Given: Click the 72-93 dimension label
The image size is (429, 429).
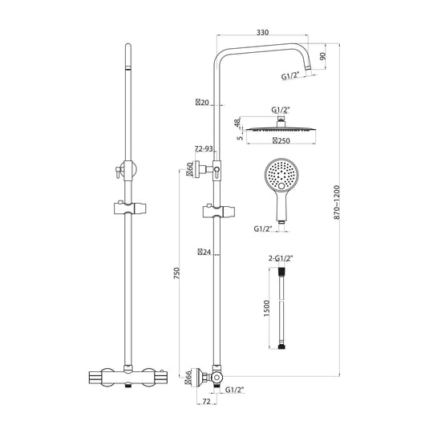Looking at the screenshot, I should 204,149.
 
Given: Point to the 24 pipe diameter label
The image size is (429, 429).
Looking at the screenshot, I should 203,252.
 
